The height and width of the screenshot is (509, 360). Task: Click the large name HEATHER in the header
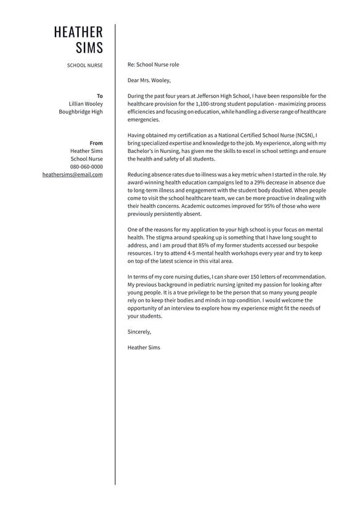78,32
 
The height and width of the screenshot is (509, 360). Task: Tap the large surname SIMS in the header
89,48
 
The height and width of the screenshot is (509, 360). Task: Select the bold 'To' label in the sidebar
100,96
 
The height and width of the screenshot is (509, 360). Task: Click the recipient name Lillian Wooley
86,104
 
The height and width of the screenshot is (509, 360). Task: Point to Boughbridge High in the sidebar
81,112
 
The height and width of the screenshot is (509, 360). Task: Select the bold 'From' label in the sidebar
96,143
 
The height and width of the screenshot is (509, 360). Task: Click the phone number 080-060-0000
86,167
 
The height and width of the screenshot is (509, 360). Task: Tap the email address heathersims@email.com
73,175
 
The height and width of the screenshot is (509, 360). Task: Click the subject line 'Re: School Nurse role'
153,64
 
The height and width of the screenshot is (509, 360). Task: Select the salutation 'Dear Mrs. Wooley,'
149,80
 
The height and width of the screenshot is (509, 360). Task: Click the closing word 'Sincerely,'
139,332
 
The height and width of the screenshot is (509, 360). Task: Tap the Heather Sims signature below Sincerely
144,347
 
